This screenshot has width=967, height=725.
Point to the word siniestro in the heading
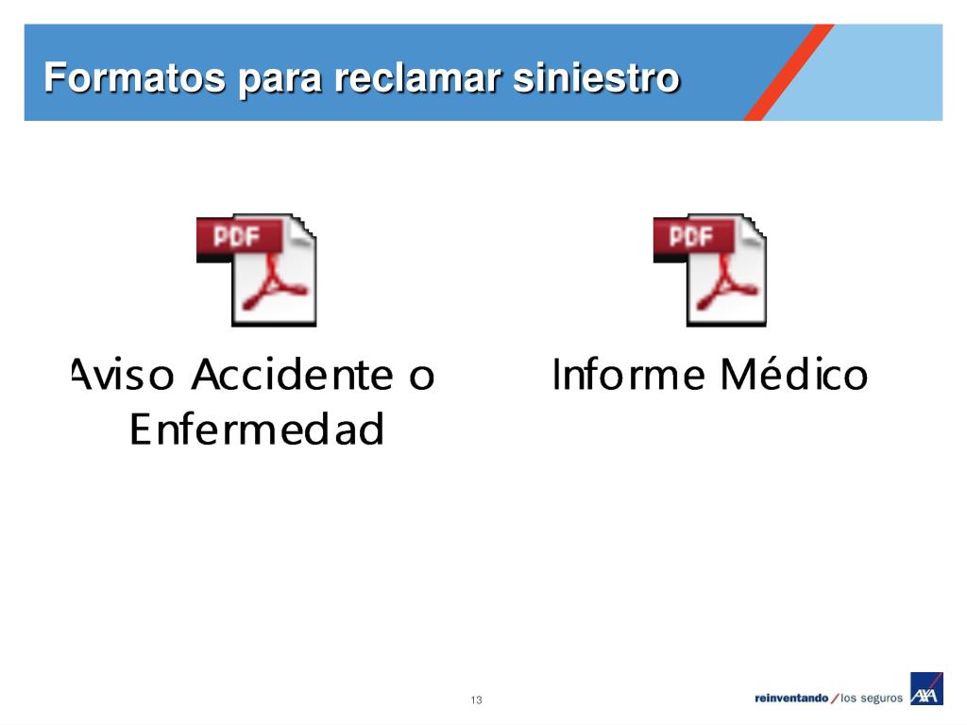click(595, 78)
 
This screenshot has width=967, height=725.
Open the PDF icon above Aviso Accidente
click(257, 270)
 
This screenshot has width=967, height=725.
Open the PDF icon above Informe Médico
click(710, 270)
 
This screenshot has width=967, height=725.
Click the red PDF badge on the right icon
click(692, 237)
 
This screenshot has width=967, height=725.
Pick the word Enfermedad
click(256, 430)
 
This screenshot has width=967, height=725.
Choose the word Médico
click(793, 375)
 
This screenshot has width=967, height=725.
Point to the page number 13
click(476, 700)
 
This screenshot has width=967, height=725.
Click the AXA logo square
click(926, 689)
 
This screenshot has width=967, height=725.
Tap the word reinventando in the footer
click(791, 699)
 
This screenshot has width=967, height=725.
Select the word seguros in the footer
click(881, 699)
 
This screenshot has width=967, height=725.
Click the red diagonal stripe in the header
click(789, 73)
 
